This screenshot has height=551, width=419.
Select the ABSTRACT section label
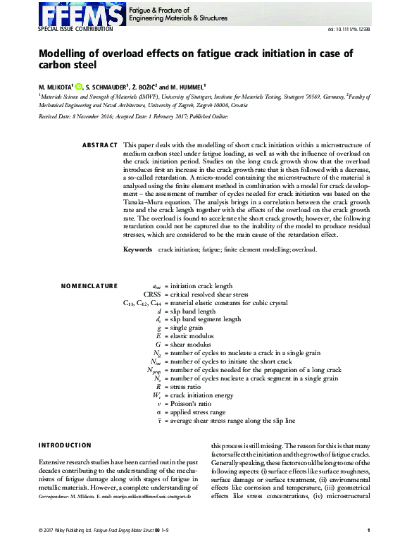coord(99,144)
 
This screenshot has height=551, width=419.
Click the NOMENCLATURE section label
coord(89,286)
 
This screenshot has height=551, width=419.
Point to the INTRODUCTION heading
coord(65,445)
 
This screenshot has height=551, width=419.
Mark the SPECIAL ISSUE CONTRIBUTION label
coord(75,30)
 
